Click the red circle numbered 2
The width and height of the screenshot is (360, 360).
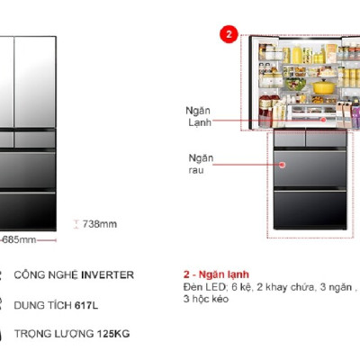point(229,35)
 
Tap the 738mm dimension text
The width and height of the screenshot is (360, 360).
point(100,225)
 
